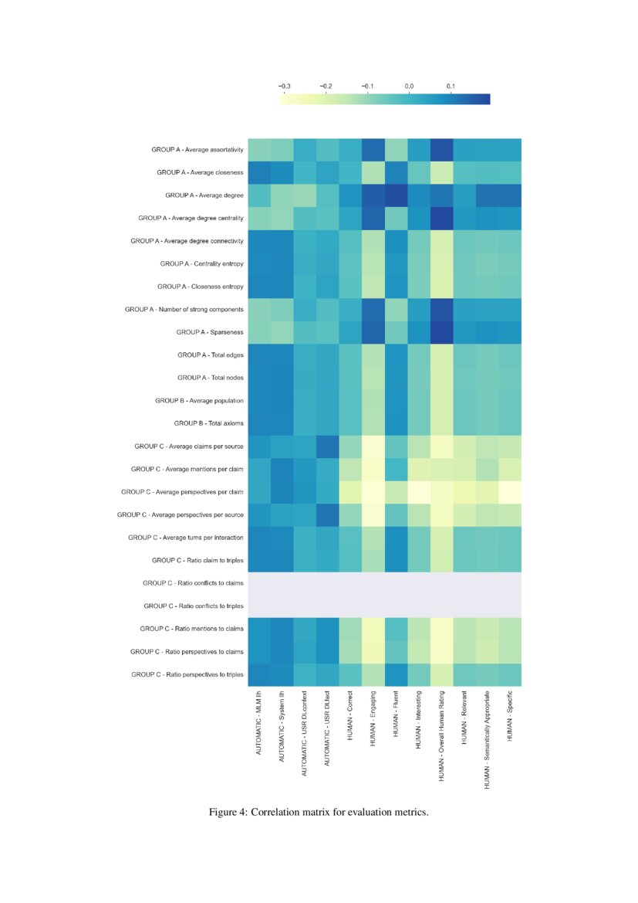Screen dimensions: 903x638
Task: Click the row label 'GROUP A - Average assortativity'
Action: click(x=190, y=149)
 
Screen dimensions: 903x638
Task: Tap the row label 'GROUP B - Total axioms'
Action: click(x=208, y=423)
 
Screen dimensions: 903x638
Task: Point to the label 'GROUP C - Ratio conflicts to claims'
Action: click(x=193, y=583)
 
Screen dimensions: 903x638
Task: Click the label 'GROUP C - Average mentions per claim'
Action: click(x=187, y=469)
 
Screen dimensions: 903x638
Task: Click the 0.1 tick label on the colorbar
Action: click(x=451, y=86)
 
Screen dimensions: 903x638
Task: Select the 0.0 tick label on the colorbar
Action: click(x=409, y=86)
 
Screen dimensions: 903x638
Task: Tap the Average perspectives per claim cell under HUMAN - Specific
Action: click(x=510, y=492)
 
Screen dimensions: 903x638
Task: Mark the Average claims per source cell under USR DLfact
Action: click(x=328, y=446)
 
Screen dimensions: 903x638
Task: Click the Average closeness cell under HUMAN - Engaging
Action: click(x=373, y=172)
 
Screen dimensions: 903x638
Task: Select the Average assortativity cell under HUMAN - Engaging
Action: click(x=373, y=149)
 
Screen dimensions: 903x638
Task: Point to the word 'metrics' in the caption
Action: click(x=409, y=813)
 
